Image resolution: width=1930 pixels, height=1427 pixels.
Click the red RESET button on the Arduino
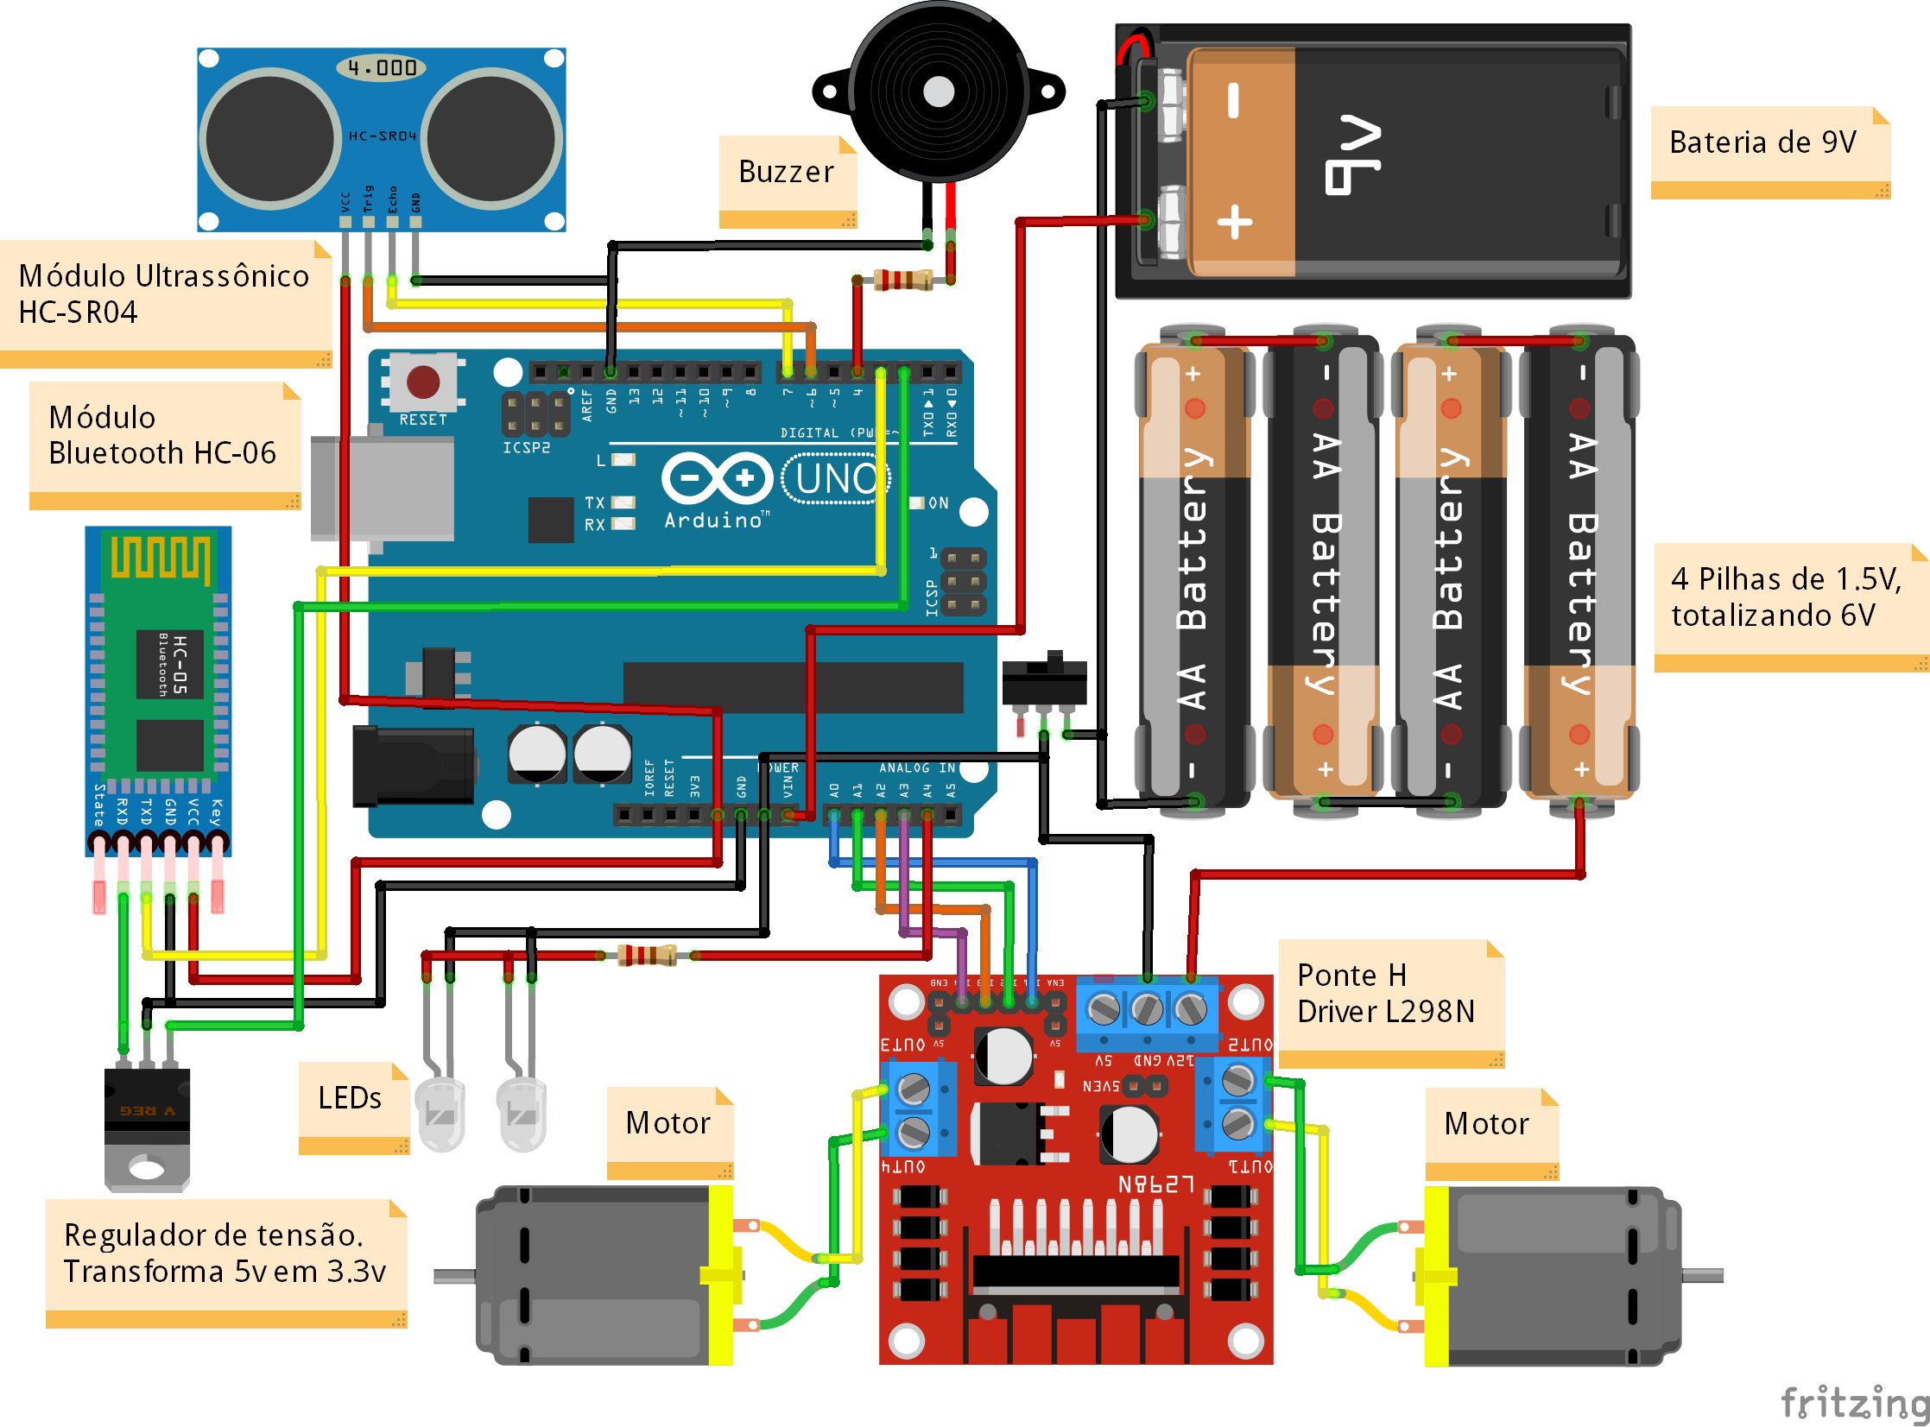422,382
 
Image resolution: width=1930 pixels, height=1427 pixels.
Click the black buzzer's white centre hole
938,92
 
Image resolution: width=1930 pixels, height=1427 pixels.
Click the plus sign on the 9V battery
1235,222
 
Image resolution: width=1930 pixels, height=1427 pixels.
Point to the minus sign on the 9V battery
1234,101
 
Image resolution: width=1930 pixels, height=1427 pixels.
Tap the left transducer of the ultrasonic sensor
270,138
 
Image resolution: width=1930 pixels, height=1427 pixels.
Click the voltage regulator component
147,1123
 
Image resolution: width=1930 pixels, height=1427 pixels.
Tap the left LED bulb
440,1114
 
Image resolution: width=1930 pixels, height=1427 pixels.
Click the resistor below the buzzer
902,280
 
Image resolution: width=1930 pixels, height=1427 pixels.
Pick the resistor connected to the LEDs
647,956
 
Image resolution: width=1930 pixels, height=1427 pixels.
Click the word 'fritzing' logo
1854,1401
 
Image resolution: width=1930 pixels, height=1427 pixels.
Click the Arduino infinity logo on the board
716,477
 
